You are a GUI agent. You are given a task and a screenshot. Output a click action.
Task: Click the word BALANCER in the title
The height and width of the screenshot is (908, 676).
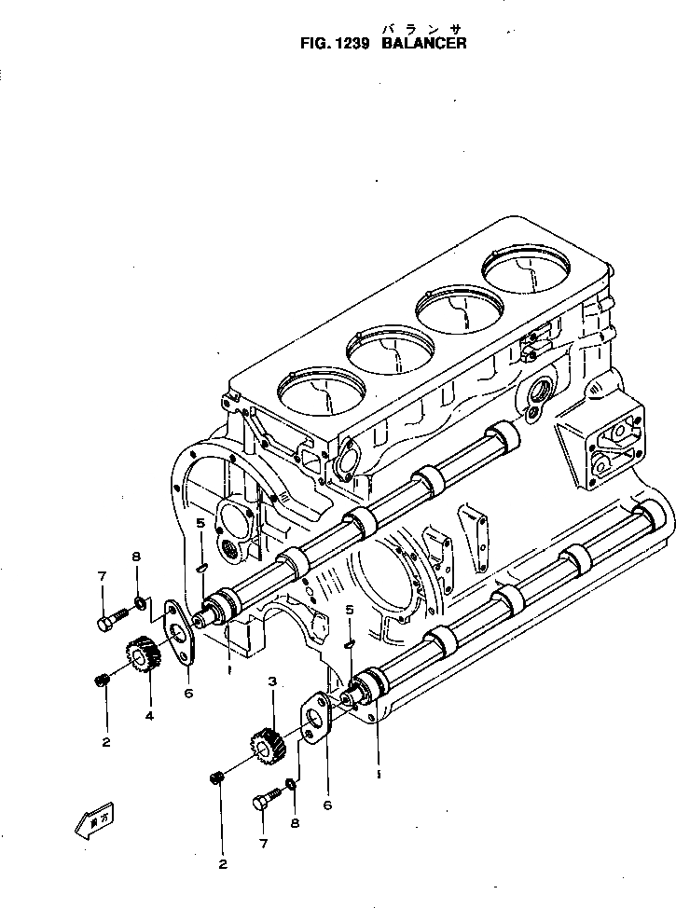424,43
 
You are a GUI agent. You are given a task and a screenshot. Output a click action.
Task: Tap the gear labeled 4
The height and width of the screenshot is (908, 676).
141,656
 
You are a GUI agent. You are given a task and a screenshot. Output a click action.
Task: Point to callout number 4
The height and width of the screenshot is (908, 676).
148,716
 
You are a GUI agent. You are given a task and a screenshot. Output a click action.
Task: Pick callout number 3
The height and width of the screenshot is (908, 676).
271,682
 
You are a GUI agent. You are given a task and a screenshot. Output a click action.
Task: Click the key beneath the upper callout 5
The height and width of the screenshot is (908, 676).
201,565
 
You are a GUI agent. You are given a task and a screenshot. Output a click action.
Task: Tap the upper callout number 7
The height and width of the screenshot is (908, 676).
100,579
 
